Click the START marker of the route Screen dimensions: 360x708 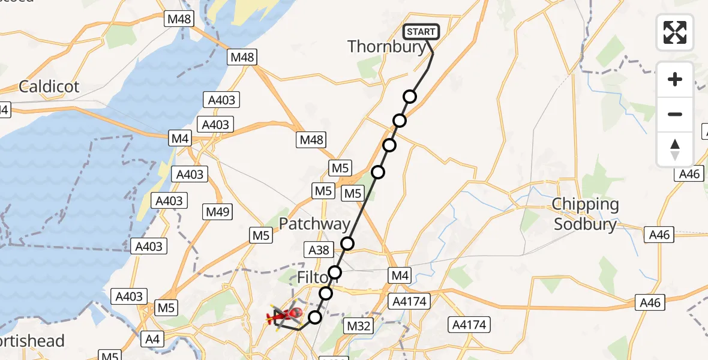tap(421, 32)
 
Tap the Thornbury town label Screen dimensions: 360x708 tap(386, 47)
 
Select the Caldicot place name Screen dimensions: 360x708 tap(49, 86)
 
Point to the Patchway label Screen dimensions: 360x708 tap(314, 224)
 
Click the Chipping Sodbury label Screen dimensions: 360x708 tap(585, 214)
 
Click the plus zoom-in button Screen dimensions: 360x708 tap(675, 79)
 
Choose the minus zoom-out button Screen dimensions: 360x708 tap(675, 114)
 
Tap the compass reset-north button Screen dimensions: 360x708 tap(675, 149)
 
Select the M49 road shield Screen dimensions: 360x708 tap(218, 212)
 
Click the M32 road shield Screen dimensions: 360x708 tap(359, 326)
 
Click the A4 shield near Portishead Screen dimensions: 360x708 tap(152, 340)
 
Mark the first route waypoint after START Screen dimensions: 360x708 tap(410, 97)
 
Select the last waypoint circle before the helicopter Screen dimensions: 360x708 tap(315, 317)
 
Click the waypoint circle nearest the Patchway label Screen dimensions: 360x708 tap(347, 243)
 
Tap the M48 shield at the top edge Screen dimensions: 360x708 tap(179, 19)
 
